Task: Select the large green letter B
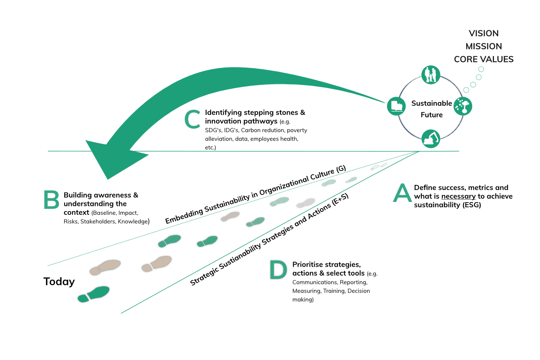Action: point(51,199)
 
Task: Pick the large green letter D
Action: point(278,270)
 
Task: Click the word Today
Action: point(59,282)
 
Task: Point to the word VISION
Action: point(483,33)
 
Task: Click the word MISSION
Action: point(483,46)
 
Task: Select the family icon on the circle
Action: point(431,75)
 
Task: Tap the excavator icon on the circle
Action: point(431,138)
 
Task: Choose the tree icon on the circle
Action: point(462,106)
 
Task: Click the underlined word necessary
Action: point(458,196)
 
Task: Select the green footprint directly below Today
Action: point(94,294)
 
